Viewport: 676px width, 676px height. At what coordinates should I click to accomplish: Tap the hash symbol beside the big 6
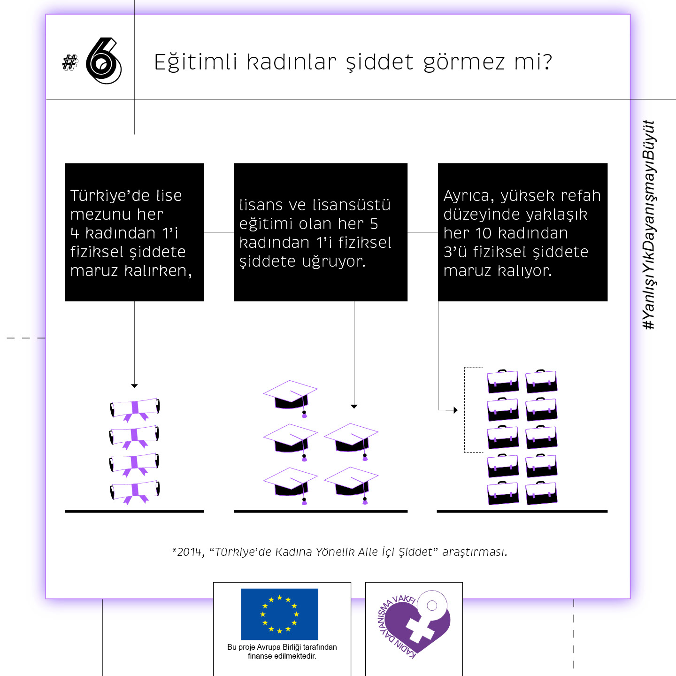pyautogui.click(x=70, y=63)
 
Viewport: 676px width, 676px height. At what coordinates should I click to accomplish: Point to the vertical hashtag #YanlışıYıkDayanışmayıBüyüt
pyautogui.click(x=649, y=225)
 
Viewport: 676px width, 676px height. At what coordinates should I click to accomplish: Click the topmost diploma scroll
pyautogui.click(x=135, y=409)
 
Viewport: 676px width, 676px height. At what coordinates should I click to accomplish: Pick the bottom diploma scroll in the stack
pyautogui.click(x=135, y=492)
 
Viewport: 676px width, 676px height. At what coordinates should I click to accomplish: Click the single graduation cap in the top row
pyautogui.click(x=291, y=399)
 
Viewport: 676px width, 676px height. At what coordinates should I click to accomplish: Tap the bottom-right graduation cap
pyautogui.click(x=351, y=485)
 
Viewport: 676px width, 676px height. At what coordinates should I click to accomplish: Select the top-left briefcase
pyautogui.click(x=503, y=381)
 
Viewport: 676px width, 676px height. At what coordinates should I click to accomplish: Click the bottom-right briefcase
pyautogui.click(x=541, y=493)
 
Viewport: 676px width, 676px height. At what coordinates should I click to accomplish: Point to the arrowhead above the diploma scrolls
pyautogui.click(x=134, y=386)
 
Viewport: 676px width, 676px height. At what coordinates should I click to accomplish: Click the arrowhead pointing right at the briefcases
pyautogui.click(x=455, y=410)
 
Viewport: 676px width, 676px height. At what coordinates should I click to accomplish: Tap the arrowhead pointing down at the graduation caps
pyautogui.click(x=354, y=407)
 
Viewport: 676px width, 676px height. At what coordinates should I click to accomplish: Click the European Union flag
pyautogui.click(x=280, y=614)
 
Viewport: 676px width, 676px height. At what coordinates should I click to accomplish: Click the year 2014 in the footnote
pyautogui.click(x=189, y=552)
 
